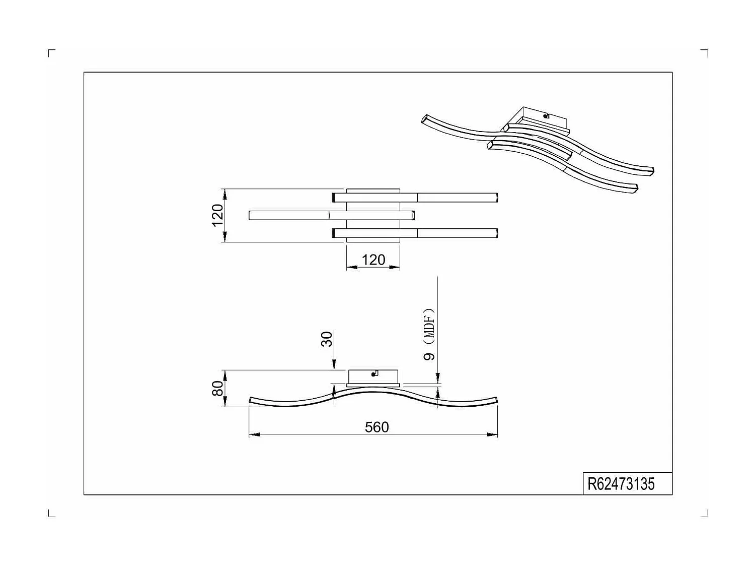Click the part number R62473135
621,484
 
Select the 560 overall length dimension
376,427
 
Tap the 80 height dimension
217,388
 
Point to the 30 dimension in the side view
327,339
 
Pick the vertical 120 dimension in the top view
217,215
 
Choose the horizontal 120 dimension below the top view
373,260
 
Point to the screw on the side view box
374,373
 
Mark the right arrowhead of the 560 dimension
494,434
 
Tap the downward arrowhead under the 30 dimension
334,367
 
